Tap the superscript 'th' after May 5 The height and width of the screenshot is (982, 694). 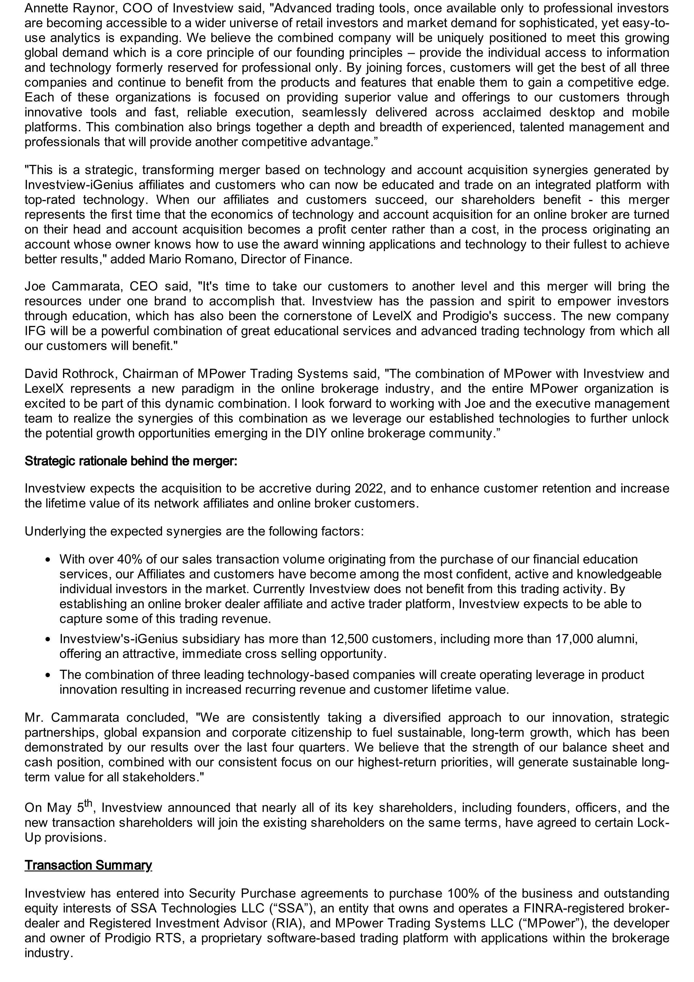(88, 802)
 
